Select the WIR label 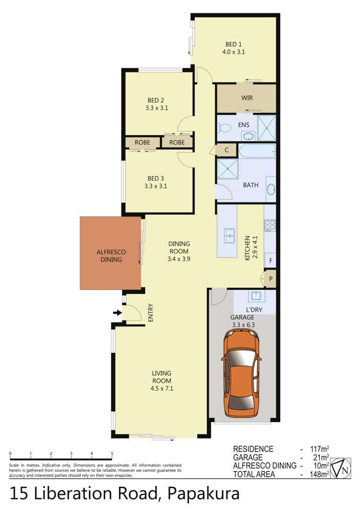(x=247, y=98)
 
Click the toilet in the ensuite (x=224, y=128)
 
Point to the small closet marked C (x=226, y=150)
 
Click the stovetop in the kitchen (x=270, y=225)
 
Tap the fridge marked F (x=271, y=261)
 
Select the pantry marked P (x=271, y=279)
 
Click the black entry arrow (x=117, y=313)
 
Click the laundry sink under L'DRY (x=254, y=295)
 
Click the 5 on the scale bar (x=112, y=454)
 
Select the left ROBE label (x=143, y=142)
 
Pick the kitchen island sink (x=230, y=235)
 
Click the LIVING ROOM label (x=161, y=378)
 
